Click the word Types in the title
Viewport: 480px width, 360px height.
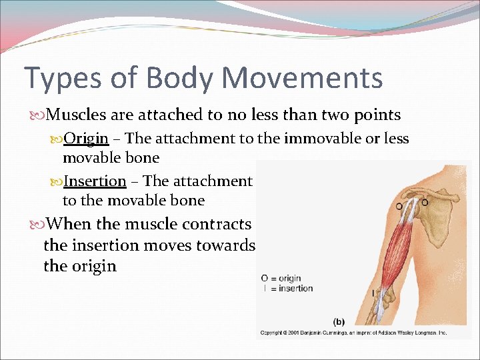click(x=61, y=79)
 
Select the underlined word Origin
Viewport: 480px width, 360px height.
click(x=86, y=139)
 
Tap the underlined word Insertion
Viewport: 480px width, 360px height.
click(x=95, y=181)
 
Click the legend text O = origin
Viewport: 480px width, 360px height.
click(x=281, y=278)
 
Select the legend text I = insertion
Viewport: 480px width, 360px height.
click(x=287, y=288)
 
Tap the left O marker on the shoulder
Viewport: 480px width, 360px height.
click(x=399, y=205)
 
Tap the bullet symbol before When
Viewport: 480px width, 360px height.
click(x=35, y=225)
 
